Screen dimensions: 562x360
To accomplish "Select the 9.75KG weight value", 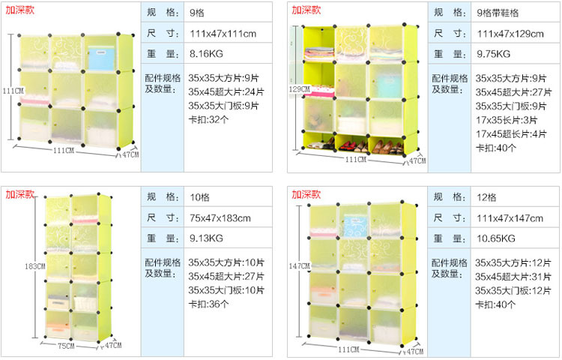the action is click(x=493, y=54).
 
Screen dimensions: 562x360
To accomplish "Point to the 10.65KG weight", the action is click(x=495, y=239).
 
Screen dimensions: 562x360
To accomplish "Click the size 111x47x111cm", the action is click(x=223, y=34).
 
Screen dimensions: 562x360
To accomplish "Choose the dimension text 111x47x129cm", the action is click(x=510, y=34).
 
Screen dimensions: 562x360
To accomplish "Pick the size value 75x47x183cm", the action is click(x=220, y=218).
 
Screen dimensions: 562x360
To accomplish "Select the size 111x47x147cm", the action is click(x=510, y=218).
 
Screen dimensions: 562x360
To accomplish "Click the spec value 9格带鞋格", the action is click(x=498, y=13).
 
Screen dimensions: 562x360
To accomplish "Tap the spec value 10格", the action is click(x=199, y=197).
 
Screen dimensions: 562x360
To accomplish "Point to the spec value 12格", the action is click(x=486, y=197).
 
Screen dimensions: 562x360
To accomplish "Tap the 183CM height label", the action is click(x=34, y=266).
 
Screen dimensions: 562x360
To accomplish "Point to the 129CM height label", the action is click(x=298, y=89).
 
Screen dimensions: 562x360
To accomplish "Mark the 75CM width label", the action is click(x=67, y=346).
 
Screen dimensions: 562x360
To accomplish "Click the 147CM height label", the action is click(x=298, y=266).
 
